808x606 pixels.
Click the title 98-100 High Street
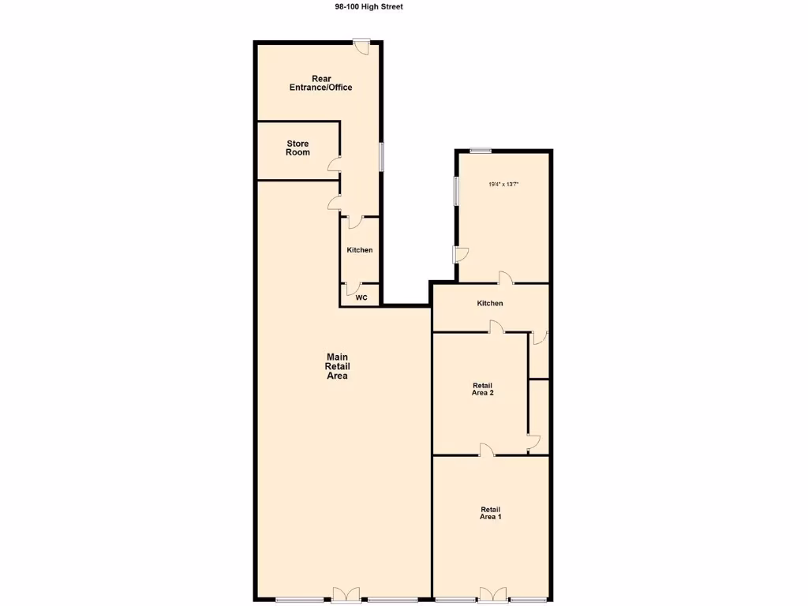[368, 6]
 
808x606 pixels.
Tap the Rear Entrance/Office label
[320, 83]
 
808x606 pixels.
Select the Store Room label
[297, 148]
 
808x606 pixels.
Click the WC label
[361, 298]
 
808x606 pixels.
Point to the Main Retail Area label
[337, 367]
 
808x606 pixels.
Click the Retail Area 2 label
[482, 389]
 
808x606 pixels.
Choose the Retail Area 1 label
[490, 513]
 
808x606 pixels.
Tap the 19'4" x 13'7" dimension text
[503, 184]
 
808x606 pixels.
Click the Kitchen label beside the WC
[360, 250]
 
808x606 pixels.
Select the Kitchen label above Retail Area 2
[490, 303]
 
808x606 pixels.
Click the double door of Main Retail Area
[346, 595]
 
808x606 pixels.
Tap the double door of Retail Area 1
[491, 595]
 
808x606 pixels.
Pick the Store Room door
[335, 165]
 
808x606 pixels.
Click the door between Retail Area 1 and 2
[487, 450]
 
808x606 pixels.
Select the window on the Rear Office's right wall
[381, 156]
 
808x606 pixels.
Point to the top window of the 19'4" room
[481, 151]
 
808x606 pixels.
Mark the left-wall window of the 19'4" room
[456, 191]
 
